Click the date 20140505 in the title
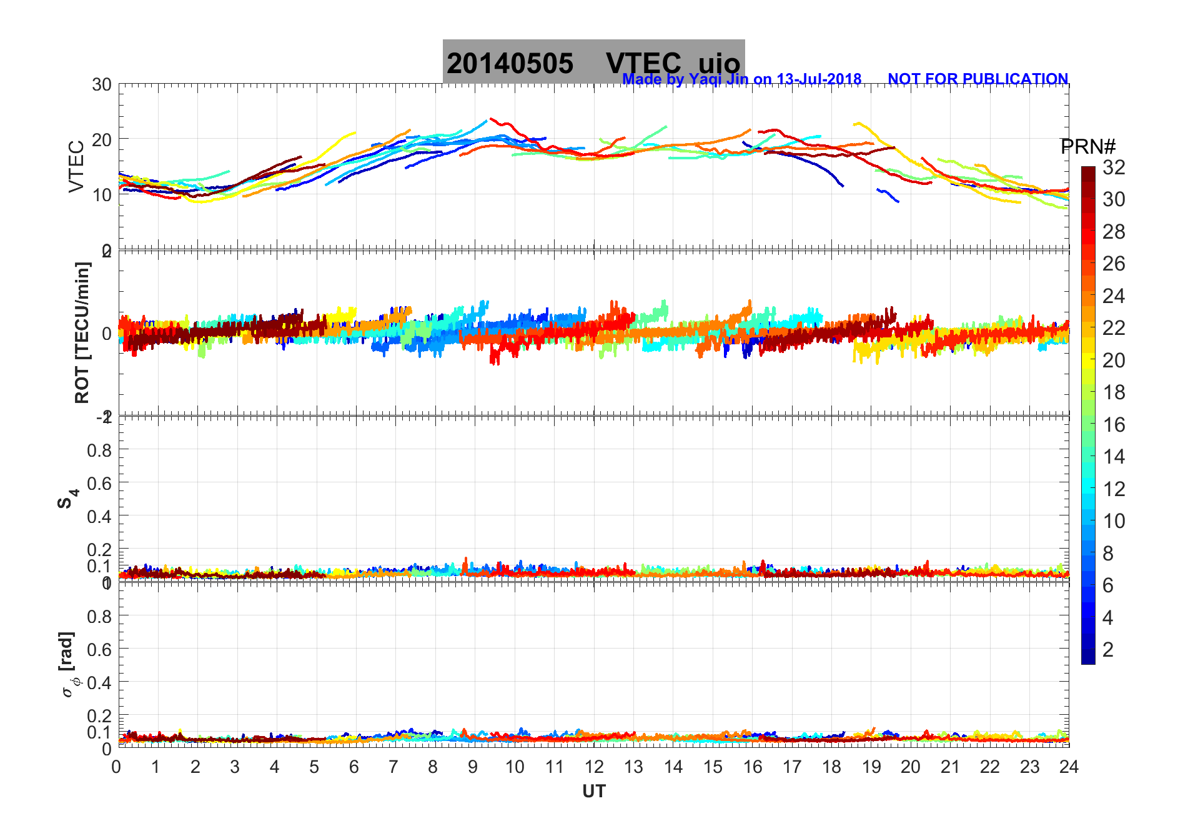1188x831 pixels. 510,64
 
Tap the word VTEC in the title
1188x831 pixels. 643,64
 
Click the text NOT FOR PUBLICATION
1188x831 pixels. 978,79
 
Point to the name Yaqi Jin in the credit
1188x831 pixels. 718,79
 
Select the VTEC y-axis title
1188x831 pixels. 76,166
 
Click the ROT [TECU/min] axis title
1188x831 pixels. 82,332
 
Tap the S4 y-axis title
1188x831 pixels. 67,498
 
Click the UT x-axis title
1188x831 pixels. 594,792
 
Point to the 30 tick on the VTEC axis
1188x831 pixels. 102,85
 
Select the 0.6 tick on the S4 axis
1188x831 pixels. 99,483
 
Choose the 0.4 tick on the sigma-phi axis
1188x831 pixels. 99,682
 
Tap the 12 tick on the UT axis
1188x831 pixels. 594,767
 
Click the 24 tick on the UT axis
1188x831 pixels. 1069,767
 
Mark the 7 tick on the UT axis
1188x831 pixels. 394,767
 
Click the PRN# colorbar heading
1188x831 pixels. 1088,147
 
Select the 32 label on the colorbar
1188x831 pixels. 1114,167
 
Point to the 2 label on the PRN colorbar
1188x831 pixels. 1108,650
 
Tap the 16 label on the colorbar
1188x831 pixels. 1114,425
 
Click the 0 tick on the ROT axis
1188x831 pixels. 107,333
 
